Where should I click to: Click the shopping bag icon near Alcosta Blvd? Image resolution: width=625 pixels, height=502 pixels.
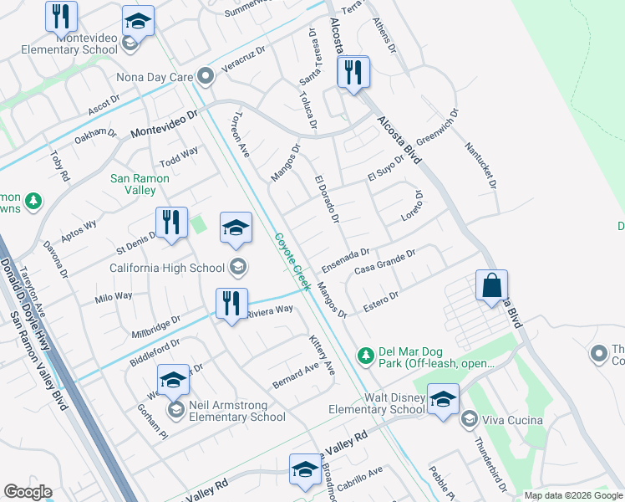(492, 285)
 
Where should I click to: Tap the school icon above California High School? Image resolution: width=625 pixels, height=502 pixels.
(236, 228)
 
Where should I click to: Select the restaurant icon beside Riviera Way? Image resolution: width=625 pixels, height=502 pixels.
(231, 304)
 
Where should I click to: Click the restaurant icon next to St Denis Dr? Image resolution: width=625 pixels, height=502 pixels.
(170, 223)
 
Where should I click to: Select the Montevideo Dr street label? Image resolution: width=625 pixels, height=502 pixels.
(164, 124)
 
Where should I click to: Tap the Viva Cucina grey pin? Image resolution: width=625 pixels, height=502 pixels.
(469, 419)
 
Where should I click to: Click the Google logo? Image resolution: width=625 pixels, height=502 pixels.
(28, 492)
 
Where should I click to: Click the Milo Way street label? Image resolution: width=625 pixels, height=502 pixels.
(114, 297)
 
